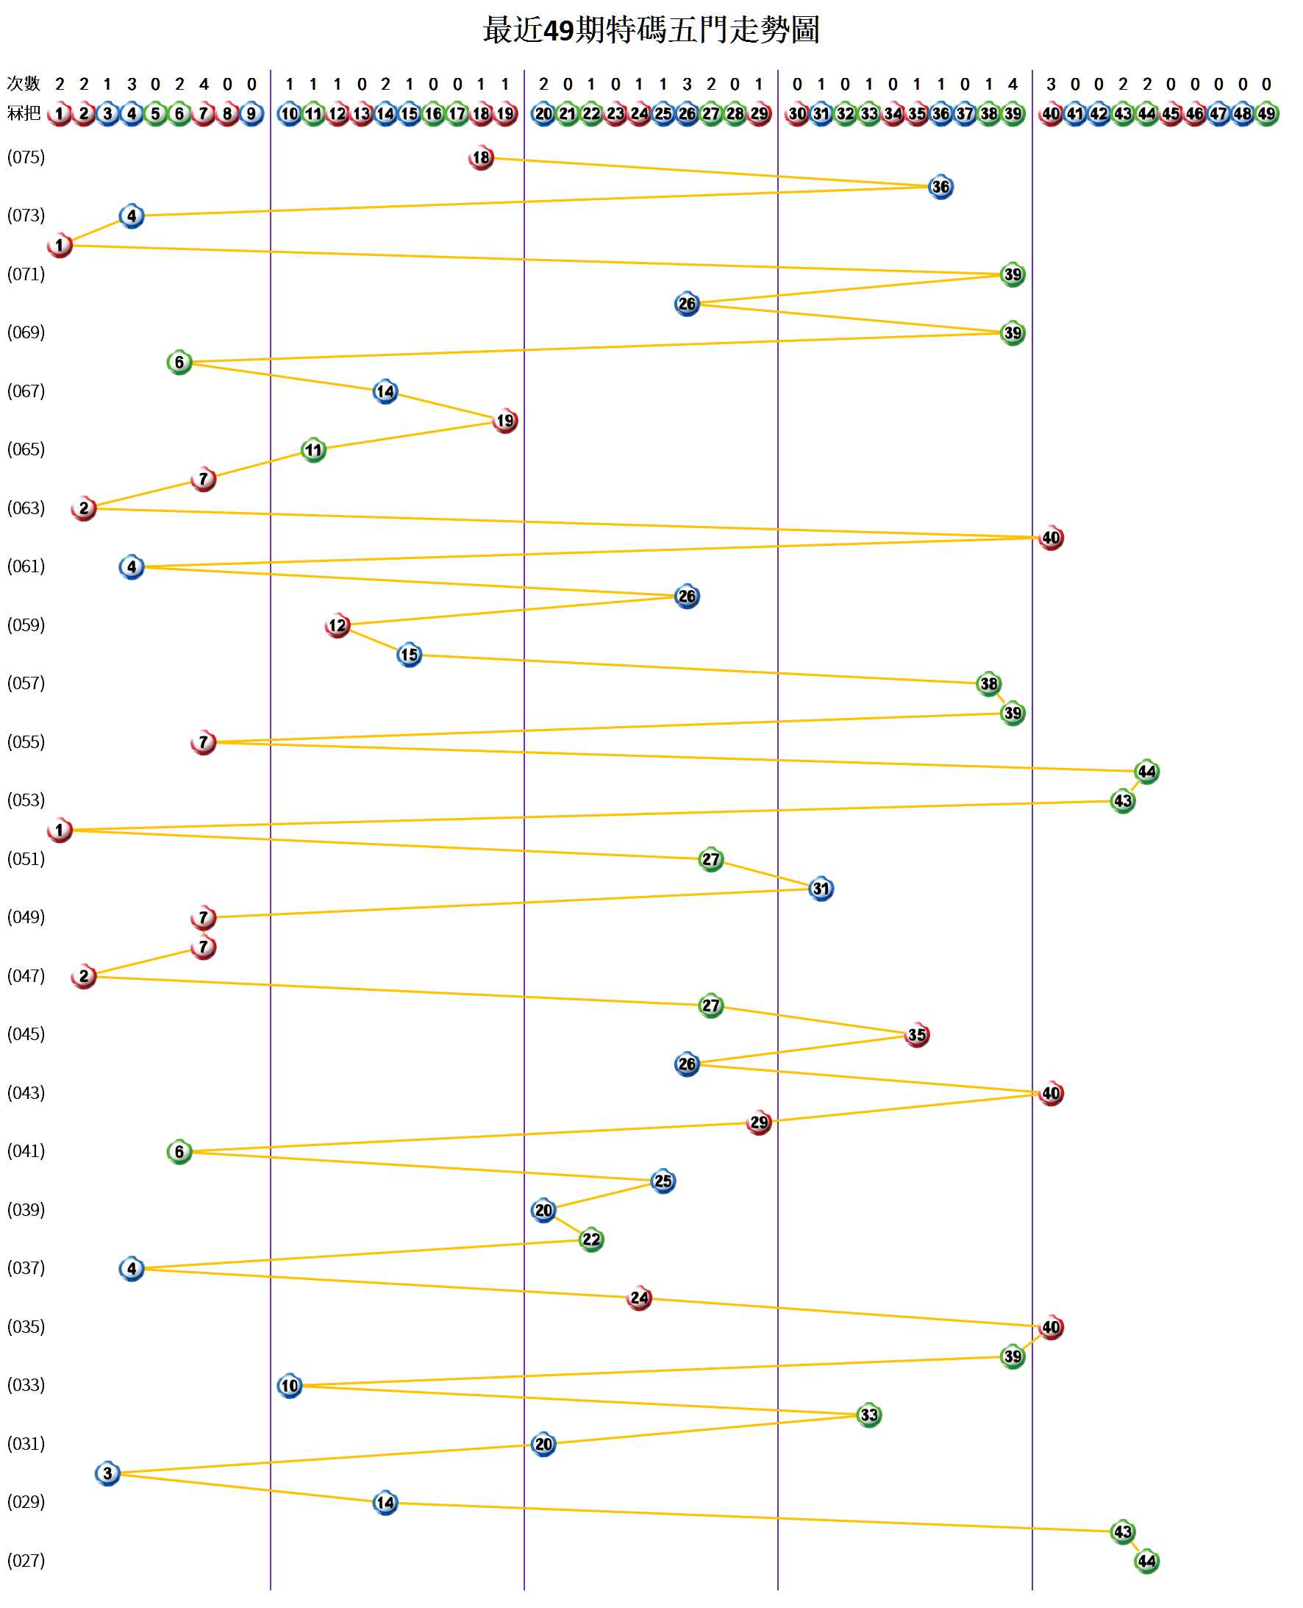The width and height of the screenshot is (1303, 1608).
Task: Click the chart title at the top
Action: point(651,31)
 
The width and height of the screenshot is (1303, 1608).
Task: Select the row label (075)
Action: point(26,157)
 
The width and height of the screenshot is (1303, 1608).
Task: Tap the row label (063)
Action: point(26,508)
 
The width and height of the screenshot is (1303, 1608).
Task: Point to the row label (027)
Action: point(26,1561)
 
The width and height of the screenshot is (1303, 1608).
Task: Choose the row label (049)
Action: point(26,917)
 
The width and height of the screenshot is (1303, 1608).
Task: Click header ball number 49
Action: point(1266,114)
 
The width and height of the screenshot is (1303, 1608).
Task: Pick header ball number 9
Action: point(251,114)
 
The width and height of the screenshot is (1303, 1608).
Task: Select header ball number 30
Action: point(797,114)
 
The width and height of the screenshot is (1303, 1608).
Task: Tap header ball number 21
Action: point(568,114)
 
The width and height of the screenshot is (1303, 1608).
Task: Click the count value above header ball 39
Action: point(1013,84)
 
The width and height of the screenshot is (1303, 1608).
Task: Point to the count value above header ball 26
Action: point(687,84)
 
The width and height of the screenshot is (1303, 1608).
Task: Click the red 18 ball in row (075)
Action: point(481,157)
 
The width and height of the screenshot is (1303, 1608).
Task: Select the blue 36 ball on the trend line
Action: point(940,187)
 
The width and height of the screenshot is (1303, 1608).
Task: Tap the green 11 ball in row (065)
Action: point(313,450)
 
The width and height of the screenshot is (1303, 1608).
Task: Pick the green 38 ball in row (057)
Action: point(988,684)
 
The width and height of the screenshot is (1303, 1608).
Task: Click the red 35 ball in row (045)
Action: point(916,1035)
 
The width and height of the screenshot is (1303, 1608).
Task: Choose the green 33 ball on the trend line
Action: point(868,1415)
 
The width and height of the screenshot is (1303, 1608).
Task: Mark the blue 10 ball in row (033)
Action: point(290,1386)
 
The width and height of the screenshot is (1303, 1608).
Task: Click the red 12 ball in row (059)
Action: point(338,625)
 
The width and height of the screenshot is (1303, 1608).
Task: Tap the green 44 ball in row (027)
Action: point(1146,1562)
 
